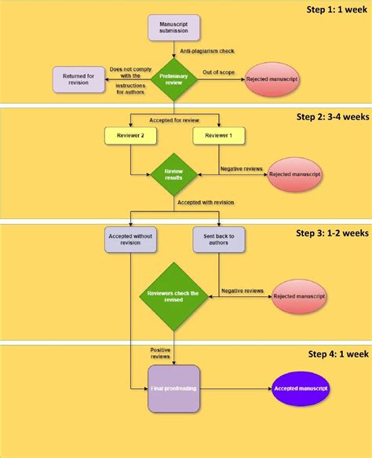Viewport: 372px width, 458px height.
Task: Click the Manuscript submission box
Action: [173, 28]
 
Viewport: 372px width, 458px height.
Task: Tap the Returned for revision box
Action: [78, 79]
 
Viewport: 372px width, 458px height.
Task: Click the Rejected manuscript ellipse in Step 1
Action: [272, 79]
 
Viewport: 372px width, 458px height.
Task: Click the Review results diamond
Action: [173, 174]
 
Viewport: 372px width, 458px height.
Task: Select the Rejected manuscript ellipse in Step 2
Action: [294, 173]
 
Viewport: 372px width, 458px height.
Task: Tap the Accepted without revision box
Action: [131, 239]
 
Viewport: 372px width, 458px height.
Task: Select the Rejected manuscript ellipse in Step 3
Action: [298, 297]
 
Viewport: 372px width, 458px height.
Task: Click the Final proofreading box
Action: [173, 388]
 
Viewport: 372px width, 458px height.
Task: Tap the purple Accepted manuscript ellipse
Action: [301, 388]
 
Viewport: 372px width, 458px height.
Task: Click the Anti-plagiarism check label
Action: [206, 51]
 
